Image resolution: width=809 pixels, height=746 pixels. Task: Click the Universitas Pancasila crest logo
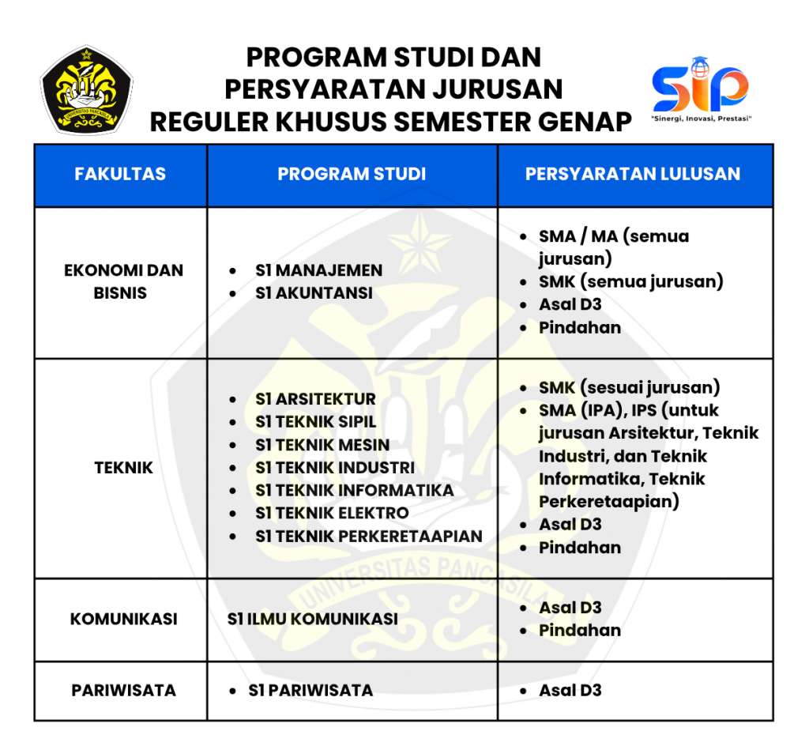point(87,89)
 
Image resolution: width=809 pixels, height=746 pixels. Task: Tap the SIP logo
point(700,85)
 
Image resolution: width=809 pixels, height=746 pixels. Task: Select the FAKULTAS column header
point(120,175)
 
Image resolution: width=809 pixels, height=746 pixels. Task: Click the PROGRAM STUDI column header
point(352,175)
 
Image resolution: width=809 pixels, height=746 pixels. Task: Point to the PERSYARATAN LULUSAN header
point(633,175)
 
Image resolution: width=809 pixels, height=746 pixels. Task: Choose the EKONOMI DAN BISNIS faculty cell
point(123,281)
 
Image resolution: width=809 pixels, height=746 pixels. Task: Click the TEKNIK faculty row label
point(123,468)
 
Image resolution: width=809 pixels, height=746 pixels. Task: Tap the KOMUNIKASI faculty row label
point(123,619)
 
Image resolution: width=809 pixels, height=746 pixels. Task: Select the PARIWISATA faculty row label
point(123,690)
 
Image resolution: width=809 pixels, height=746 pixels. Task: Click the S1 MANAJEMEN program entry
point(318,270)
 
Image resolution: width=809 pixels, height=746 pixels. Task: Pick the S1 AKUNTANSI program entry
point(314,293)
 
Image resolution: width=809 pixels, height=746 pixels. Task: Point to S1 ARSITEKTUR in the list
point(315,399)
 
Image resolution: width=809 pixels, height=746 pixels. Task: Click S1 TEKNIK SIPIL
point(315,422)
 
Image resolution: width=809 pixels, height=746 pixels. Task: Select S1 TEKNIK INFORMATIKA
point(354,491)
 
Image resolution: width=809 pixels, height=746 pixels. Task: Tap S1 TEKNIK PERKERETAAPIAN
point(368,537)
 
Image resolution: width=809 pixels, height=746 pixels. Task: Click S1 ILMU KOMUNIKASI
point(312,619)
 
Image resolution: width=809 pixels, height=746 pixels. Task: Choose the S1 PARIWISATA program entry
point(310,690)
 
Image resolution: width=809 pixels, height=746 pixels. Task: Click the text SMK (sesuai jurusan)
point(630,388)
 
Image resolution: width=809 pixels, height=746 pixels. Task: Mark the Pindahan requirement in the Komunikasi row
point(580,631)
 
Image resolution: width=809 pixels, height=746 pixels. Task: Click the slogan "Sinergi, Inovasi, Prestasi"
point(700,119)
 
